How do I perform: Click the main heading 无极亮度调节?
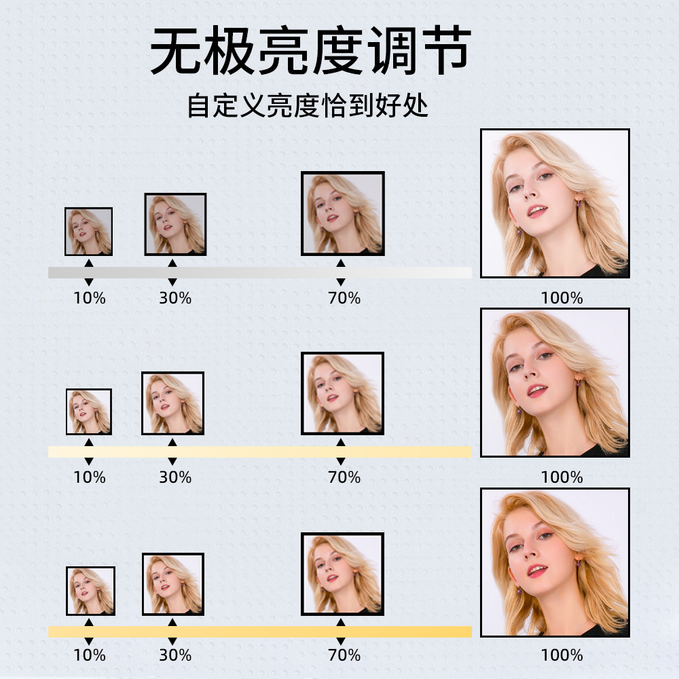click(x=310, y=52)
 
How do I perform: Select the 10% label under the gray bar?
click(x=90, y=297)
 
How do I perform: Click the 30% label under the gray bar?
click(x=175, y=297)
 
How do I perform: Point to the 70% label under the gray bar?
click(x=344, y=297)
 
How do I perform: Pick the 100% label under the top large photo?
click(x=562, y=297)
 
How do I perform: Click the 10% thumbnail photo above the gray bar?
click(x=88, y=232)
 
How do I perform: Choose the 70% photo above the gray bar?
click(x=343, y=213)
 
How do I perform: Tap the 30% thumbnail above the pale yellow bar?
click(x=173, y=403)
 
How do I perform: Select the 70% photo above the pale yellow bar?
click(x=343, y=393)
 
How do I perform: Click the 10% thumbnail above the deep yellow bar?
click(x=90, y=591)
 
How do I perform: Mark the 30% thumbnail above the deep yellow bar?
click(x=173, y=584)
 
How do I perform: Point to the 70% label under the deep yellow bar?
click(x=344, y=655)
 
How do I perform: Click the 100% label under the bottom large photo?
click(x=562, y=655)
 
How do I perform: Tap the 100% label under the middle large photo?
click(x=562, y=477)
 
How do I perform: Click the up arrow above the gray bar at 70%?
click(x=341, y=263)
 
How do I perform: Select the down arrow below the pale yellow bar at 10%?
click(x=89, y=462)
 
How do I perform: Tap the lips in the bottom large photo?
click(x=537, y=570)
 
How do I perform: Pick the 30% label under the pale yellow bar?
click(x=175, y=477)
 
